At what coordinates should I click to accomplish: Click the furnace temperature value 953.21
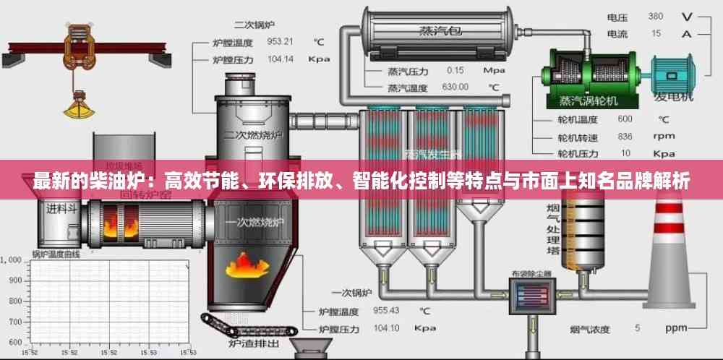(x=281, y=41)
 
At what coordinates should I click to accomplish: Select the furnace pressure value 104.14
(x=281, y=59)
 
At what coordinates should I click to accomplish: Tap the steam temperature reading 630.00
(x=455, y=87)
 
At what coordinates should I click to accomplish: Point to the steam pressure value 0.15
(x=455, y=70)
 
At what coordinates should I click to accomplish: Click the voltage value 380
(x=656, y=16)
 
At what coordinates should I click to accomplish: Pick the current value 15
(x=656, y=33)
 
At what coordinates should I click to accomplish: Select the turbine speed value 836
(x=625, y=136)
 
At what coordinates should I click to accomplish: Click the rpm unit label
(x=663, y=136)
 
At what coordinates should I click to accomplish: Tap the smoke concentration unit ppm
(x=676, y=327)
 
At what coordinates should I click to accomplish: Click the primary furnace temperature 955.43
(x=386, y=311)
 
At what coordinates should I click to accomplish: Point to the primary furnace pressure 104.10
(x=386, y=327)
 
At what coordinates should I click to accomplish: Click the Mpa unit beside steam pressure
(x=494, y=70)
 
